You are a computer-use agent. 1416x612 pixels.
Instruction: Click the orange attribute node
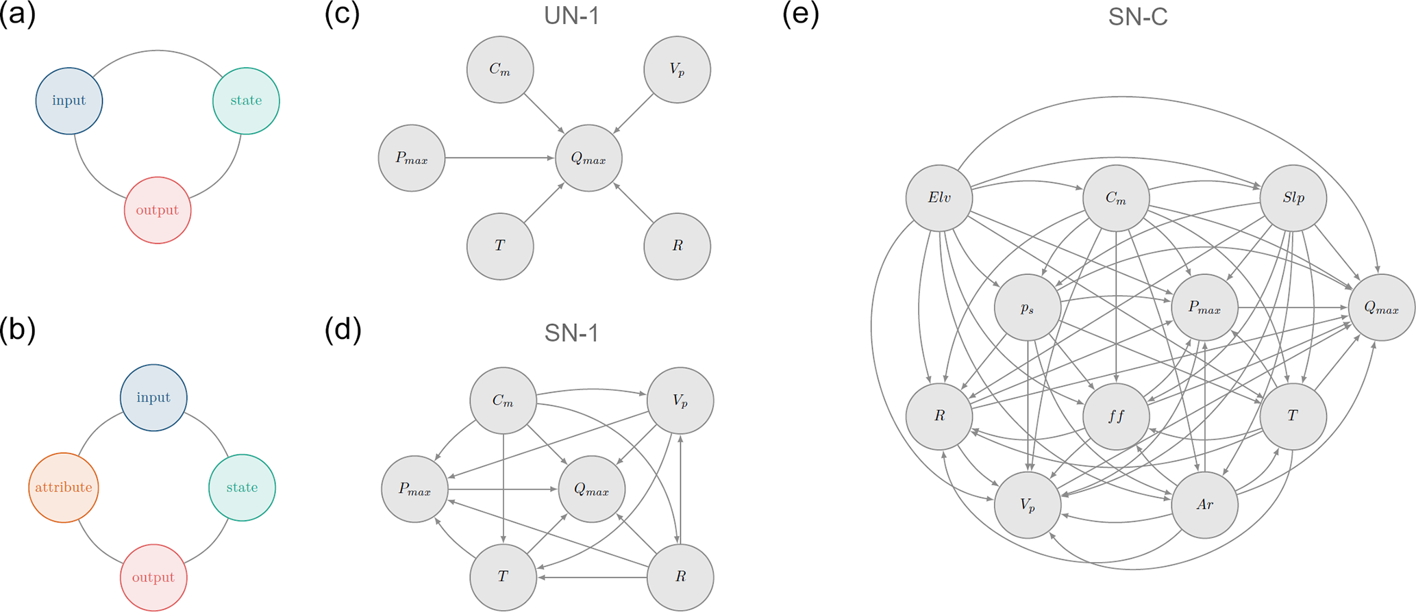pos(64,487)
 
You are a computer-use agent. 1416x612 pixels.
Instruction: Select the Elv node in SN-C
pos(939,199)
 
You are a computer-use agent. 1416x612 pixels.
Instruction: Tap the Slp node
pos(1293,199)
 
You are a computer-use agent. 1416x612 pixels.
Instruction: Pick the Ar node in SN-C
pos(1205,505)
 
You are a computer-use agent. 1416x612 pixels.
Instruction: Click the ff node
pos(1116,416)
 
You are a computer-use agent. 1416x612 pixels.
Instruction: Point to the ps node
pos(1028,308)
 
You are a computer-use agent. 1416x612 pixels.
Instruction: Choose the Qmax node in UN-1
pos(589,159)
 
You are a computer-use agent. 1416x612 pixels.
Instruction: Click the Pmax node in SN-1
pos(415,489)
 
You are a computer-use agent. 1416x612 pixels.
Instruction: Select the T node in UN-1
pos(500,246)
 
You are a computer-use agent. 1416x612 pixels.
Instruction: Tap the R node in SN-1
pos(680,577)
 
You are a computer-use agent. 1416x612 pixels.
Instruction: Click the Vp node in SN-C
pos(1028,505)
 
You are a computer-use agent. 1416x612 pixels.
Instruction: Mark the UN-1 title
pos(571,16)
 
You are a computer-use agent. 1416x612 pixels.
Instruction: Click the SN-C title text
pos(1138,17)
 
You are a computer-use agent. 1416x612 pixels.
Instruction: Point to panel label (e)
pos(800,14)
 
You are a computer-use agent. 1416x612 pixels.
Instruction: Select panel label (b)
pos(18,330)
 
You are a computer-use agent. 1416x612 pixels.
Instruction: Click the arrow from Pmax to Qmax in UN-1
pos(500,158)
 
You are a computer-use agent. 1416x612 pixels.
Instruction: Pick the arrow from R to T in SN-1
pos(593,577)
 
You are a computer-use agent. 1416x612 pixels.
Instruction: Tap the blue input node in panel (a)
pos(69,101)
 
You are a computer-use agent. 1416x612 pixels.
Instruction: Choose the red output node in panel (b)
pos(153,577)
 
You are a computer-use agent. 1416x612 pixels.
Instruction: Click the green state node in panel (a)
pos(246,101)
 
